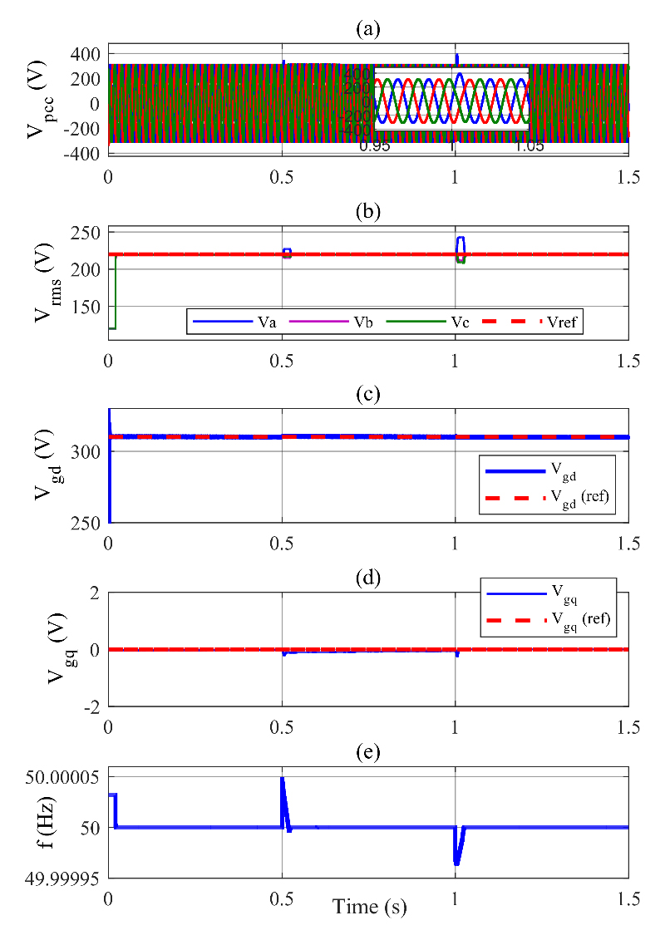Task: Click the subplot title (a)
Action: [x=368, y=30]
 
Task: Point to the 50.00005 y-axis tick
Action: [x=63, y=778]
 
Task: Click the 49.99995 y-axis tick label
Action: [x=63, y=878]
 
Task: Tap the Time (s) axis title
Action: [x=368, y=907]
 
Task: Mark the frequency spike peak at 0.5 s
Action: [x=283, y=779]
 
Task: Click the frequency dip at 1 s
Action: [x=456, y=864]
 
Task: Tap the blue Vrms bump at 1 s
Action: [x=461, y=238]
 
